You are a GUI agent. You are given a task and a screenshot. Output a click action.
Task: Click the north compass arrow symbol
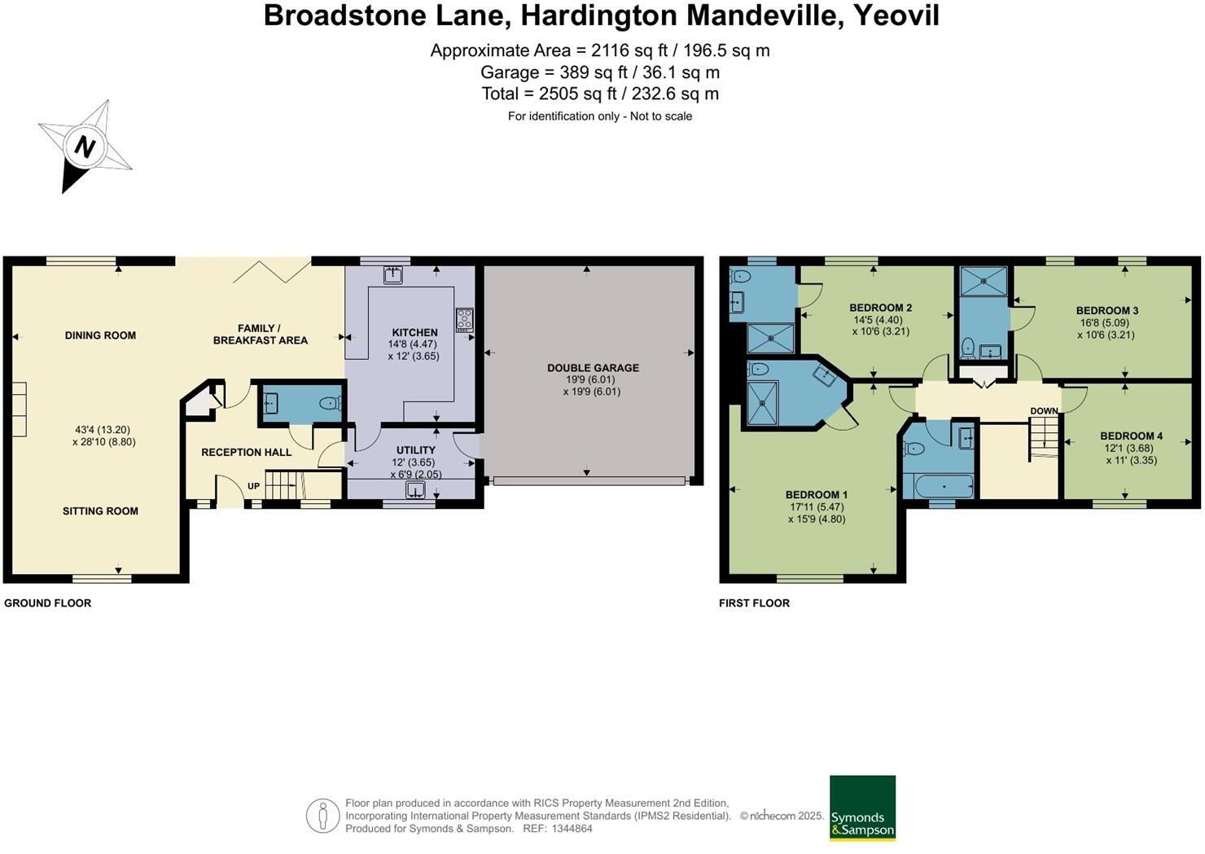(84, 147)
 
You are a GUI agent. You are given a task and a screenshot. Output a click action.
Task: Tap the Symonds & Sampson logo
(862, 808)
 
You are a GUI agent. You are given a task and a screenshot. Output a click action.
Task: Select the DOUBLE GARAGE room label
(593, 368)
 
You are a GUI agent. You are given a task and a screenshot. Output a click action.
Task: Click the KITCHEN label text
(414, 332)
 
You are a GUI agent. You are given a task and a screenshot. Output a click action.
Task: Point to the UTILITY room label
(415, 450)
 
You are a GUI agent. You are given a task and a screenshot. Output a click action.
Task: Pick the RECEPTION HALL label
(246, 453)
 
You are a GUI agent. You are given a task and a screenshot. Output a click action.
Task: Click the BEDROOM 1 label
(816, 495)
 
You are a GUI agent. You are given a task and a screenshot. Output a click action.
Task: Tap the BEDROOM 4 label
(1131, 436)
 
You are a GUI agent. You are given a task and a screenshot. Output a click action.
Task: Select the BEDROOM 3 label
(1106, 310)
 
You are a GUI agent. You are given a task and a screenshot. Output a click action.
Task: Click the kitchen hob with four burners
(464, 319)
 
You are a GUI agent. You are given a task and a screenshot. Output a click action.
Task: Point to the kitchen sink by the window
(393, 274)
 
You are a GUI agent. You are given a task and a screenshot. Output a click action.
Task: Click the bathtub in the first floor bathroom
(944, 488)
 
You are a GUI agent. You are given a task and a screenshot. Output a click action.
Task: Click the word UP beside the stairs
(253, 486)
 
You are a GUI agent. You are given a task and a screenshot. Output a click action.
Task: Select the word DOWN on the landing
(1044, 411)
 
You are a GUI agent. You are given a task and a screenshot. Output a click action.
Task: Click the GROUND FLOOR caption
(48, 603)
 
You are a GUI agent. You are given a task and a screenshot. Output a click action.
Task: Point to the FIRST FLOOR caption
(754, 603)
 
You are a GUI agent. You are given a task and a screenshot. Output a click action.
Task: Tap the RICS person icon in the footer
(322, 816)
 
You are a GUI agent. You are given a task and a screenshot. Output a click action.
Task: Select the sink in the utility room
(415, 489)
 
